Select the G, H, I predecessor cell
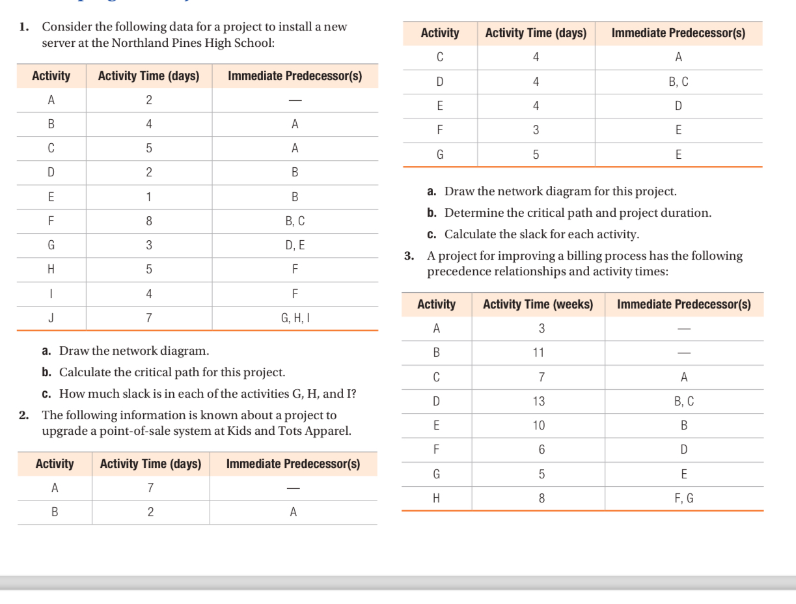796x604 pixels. pos(294,318)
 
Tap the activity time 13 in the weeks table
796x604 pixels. pos(538,402)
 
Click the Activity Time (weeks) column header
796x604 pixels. pos(538,305)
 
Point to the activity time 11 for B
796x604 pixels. pos(538,353)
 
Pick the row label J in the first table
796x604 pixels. pos(51,318)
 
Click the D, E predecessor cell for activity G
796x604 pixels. pos(294,245)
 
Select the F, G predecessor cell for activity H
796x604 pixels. pos(683,499)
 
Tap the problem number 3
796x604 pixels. pos(409,256)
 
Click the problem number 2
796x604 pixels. pos(23,415)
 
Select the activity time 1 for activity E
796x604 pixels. pos(148,197)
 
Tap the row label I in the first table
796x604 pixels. pos(51,294)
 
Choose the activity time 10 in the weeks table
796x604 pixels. pos(538,426)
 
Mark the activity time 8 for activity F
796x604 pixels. pos(148,221)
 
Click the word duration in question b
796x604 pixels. pos(689,213)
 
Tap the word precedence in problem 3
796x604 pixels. pos(457,271)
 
